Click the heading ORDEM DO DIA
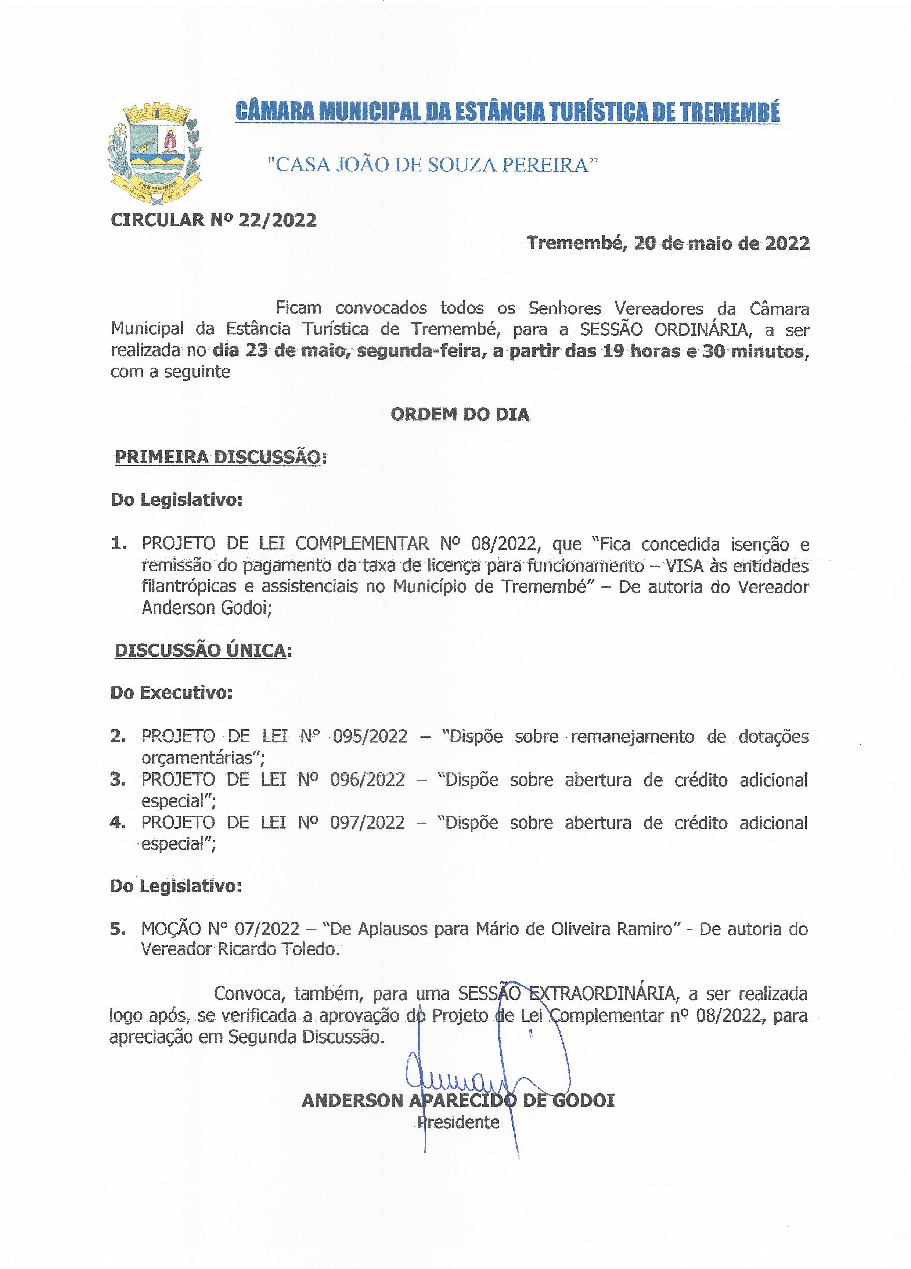click(460, 415)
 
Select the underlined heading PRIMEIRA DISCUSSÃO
click(218, 457)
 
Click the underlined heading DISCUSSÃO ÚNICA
click(200, 650)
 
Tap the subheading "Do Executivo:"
click(171, 693)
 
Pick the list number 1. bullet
click(118, 543)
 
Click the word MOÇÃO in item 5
click(171, 929)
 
